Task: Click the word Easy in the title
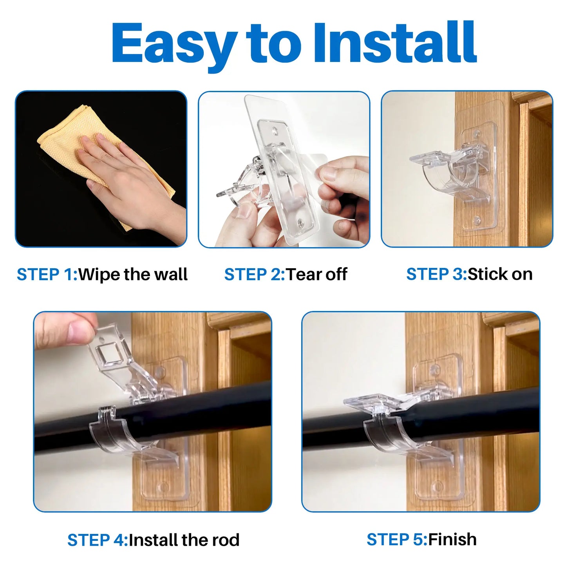(x=174, y=44)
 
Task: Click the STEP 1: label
(x=47, y=275)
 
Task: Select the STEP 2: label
(x=254, y=275)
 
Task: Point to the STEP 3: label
(x=436, y=274)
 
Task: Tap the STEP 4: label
(x=98, y=540)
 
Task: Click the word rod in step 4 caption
(x=225, y=540)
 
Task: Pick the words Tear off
(x=316, y=275)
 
